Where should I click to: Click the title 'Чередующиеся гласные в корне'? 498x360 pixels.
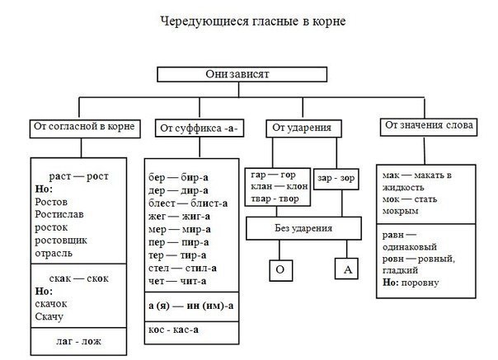pos(248,20)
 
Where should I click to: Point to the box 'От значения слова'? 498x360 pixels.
pos(427,126)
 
